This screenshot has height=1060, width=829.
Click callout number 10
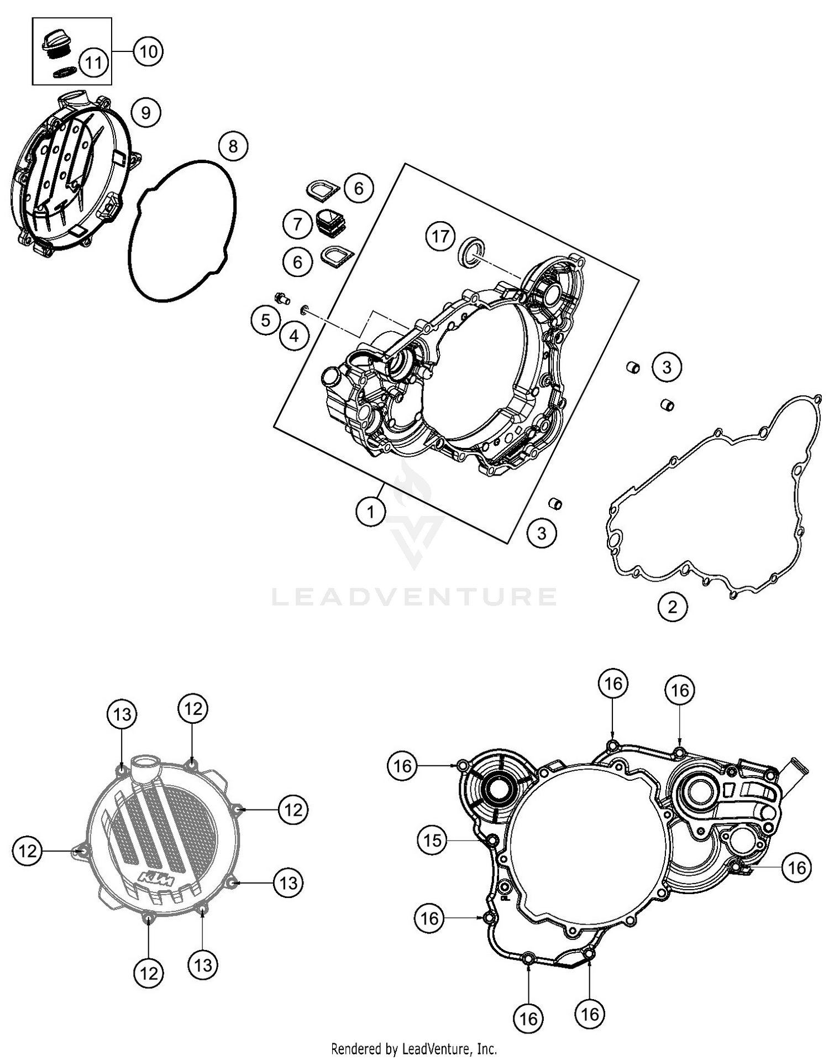[x=148, y=51]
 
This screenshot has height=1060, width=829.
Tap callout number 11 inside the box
[x=93, y=62]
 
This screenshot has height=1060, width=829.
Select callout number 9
[x=146, y=113]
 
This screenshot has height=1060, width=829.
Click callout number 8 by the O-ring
[x=233, y=147]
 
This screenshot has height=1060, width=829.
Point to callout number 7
[x=298, y=224]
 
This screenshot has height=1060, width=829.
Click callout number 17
[x=440, y=237]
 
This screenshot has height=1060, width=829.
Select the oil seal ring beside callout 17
[x=472, y=252]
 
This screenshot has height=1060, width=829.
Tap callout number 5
[x=265, y=320]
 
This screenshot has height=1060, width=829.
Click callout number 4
[x=294, y=336]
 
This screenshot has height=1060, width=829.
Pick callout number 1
[x=370, y=512]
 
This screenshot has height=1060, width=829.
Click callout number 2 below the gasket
[x=673, y=607]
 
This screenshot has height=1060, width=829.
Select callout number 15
[x=432, y=840]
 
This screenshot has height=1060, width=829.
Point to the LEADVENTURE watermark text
[x=414, y=597]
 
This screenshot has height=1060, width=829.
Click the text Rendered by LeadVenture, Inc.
[x=414, y=1048]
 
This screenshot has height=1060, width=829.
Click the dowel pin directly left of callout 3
[x=633, y=367]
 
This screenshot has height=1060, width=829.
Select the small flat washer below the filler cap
[x=64, y=72]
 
